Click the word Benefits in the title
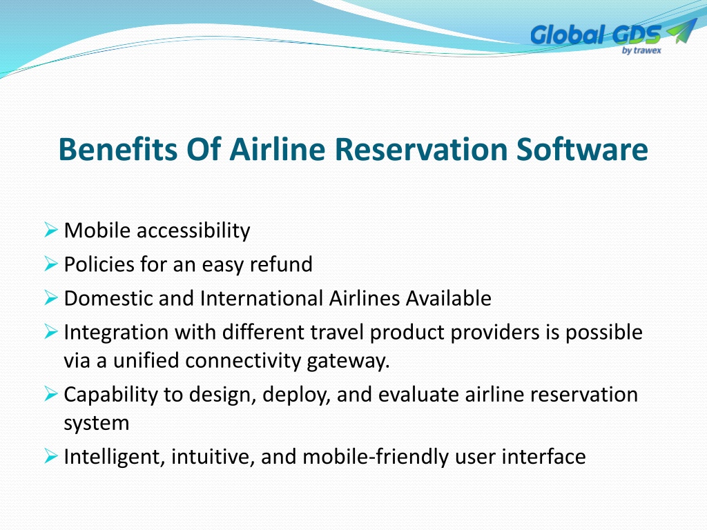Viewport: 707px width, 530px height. (x=118, y=149)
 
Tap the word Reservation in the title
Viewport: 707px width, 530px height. (x=421, y=149)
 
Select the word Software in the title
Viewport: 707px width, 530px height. (x=582, y=149)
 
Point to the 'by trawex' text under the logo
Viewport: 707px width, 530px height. (x=641, y=50)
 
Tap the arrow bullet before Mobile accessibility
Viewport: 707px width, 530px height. (x=51, y=230)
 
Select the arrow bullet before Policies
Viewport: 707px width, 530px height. (x=51, y=264)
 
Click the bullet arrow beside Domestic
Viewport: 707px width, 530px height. (x=51, y=298)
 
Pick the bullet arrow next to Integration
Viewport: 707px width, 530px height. (x=51, y=332)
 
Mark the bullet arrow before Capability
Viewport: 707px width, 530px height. (x=51, y=394)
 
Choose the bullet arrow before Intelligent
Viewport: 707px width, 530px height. (x=51, y=457)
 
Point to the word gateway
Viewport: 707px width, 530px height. (x=348, y=362)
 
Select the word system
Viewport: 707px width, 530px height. (x=97, y=424)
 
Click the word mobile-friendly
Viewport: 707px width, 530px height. (x=376, y=457)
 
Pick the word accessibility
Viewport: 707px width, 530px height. (x=193, y=230)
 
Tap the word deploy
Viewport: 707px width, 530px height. (x=296, y=395)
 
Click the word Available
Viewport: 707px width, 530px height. (x=449, y=298)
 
